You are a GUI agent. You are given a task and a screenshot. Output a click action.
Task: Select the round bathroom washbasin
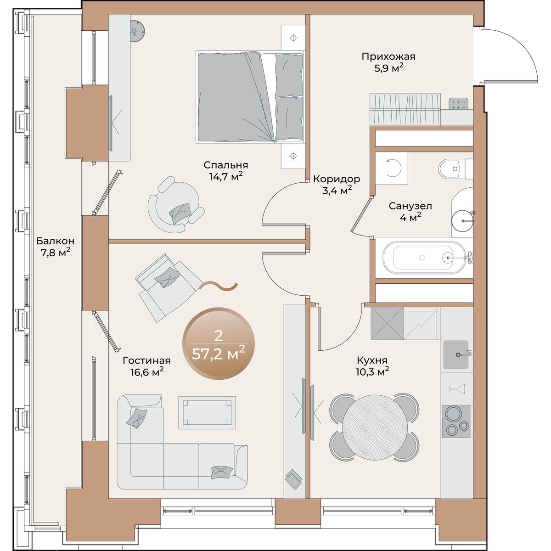(462, 221)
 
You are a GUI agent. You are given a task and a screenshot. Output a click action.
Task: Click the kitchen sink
(456, 354)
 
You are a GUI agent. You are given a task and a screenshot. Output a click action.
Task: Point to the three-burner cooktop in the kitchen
(456, 421)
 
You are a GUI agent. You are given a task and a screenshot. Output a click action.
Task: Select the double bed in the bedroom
(250, 97)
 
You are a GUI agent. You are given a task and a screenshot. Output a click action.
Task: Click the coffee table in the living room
(207, 413)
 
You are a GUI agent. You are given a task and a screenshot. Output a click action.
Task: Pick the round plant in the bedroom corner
(138, 31)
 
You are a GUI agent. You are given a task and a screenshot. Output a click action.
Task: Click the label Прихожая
(388, 56)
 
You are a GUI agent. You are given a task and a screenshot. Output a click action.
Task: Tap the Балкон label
(55, 241)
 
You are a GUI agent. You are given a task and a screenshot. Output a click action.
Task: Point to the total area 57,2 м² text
(219, 354)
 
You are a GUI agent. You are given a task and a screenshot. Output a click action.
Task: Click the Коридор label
(337, 179)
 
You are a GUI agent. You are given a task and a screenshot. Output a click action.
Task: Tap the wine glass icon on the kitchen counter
(457, 388)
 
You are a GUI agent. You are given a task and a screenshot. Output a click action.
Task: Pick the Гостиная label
(146, 360)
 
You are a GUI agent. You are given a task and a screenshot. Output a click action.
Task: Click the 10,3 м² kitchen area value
(372, 372)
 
